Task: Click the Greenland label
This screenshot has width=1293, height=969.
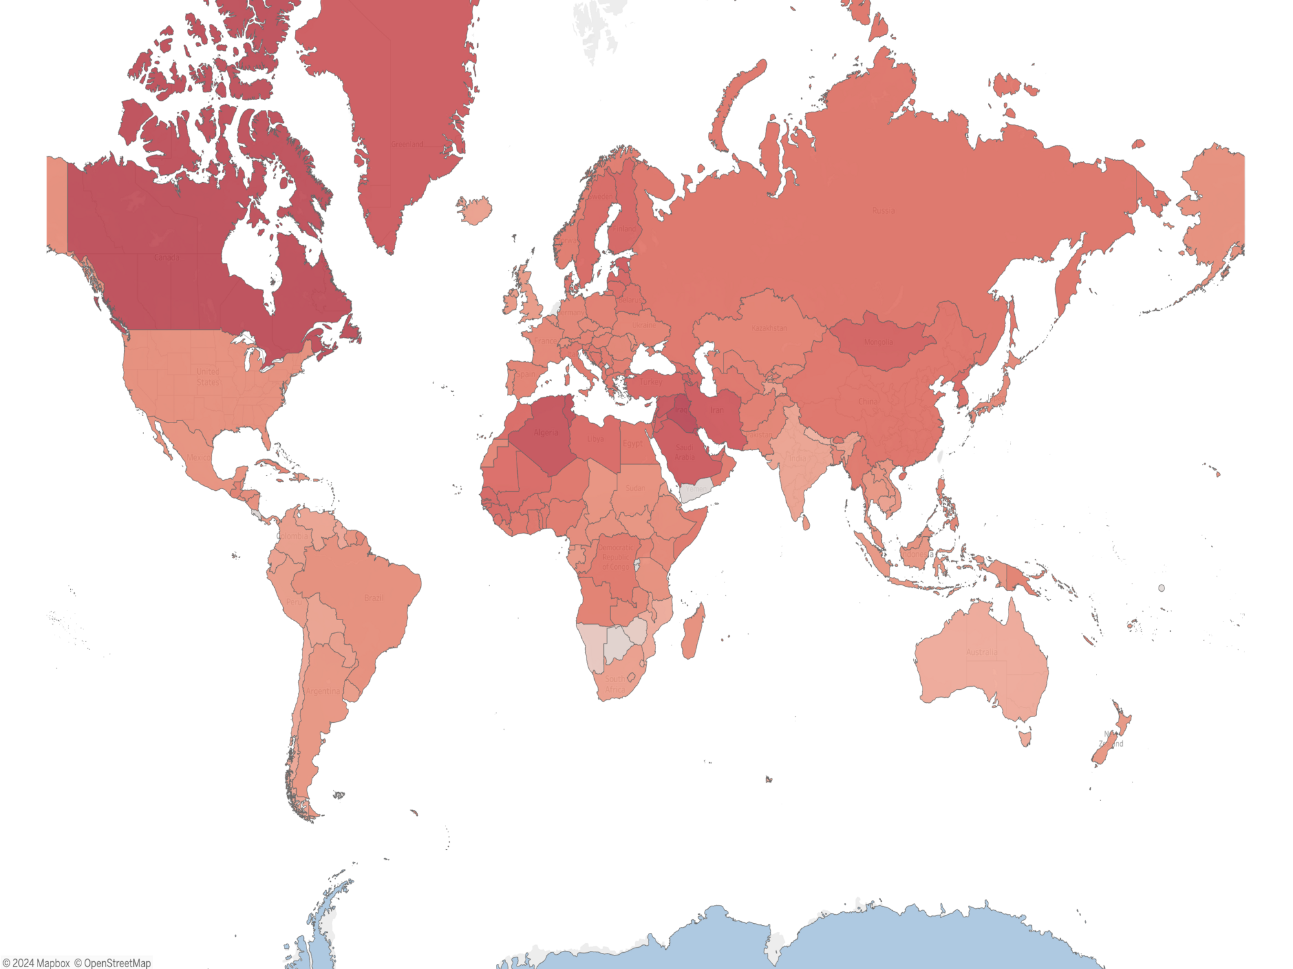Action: coord(407,144)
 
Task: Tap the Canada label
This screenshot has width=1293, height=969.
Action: coord(167,258)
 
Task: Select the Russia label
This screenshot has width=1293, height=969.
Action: coord(883,211)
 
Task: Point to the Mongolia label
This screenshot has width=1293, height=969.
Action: coord(878,342)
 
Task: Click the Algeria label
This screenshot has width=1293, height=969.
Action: coord(546,433)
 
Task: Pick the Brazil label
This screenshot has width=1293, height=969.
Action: coord(374,598)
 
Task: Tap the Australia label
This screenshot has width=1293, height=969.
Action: coord(981,652)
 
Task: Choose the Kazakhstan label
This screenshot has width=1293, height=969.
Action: coord(769,328)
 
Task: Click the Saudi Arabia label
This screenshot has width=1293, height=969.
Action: coord(685,452)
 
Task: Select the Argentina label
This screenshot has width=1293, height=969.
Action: coord(323,691)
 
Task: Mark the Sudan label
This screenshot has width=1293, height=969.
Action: coord(635,488)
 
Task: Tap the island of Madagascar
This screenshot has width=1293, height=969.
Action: coord(692,630)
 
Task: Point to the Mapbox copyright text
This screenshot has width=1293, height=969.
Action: coord(36,963)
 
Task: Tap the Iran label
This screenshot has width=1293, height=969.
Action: coord(717,410)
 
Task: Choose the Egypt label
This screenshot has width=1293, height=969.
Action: coord(632,443)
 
